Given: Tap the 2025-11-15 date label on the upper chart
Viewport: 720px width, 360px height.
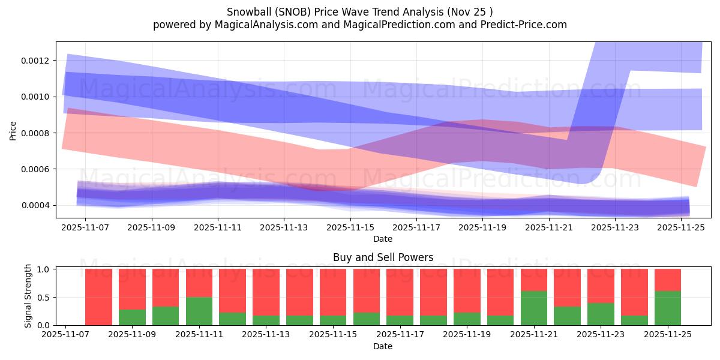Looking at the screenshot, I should [350, 228].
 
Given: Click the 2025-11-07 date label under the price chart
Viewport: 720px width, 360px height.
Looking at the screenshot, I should [85, 228].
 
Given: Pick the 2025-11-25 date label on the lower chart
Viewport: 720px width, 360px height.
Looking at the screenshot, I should [667, 335].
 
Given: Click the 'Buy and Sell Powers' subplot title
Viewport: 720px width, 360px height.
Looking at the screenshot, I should [383, 257].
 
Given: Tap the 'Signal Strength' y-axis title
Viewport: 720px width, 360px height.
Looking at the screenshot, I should [28, 296].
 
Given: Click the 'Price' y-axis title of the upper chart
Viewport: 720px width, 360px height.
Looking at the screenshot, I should [13, 130].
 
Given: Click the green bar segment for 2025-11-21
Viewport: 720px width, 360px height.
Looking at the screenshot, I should [534, 308].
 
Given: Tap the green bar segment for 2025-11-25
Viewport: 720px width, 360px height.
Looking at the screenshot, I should [667, 308].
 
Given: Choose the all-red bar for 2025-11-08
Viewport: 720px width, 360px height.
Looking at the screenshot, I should [98, 297].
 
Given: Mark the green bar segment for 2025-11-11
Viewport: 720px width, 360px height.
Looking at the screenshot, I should [199, 311].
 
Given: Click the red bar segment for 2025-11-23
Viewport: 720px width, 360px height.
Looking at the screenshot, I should [601, 286].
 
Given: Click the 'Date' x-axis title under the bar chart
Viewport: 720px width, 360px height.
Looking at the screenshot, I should [383, 346].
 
